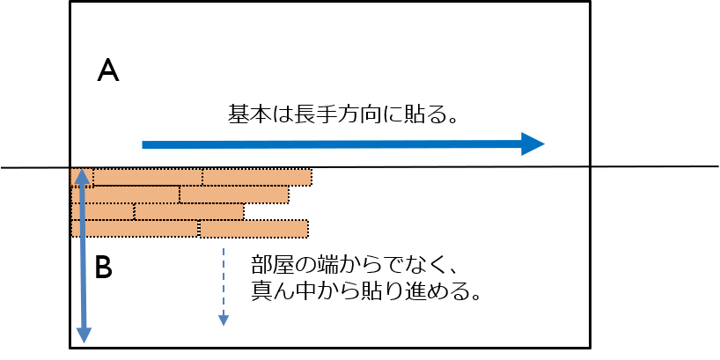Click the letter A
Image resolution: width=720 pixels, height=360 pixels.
108,72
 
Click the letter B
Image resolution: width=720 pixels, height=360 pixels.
103,268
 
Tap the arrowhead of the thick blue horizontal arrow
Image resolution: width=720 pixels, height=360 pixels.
533,143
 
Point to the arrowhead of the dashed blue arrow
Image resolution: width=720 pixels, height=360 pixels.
224,320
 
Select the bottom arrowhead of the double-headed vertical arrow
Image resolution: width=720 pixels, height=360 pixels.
84,335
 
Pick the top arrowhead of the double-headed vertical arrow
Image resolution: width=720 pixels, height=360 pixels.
82,177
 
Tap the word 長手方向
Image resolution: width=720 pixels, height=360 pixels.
341,114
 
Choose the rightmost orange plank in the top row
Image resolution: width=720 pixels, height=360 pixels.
257,177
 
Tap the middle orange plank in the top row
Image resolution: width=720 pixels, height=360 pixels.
148,177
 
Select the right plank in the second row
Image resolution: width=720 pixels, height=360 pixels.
234,195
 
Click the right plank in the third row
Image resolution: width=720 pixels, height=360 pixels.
189,211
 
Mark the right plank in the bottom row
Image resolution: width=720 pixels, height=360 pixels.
253,229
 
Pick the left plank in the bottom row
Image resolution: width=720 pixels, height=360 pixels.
135,229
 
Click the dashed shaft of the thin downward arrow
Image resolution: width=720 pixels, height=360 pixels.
224,281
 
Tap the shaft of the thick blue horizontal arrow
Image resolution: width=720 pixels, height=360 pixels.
332,144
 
